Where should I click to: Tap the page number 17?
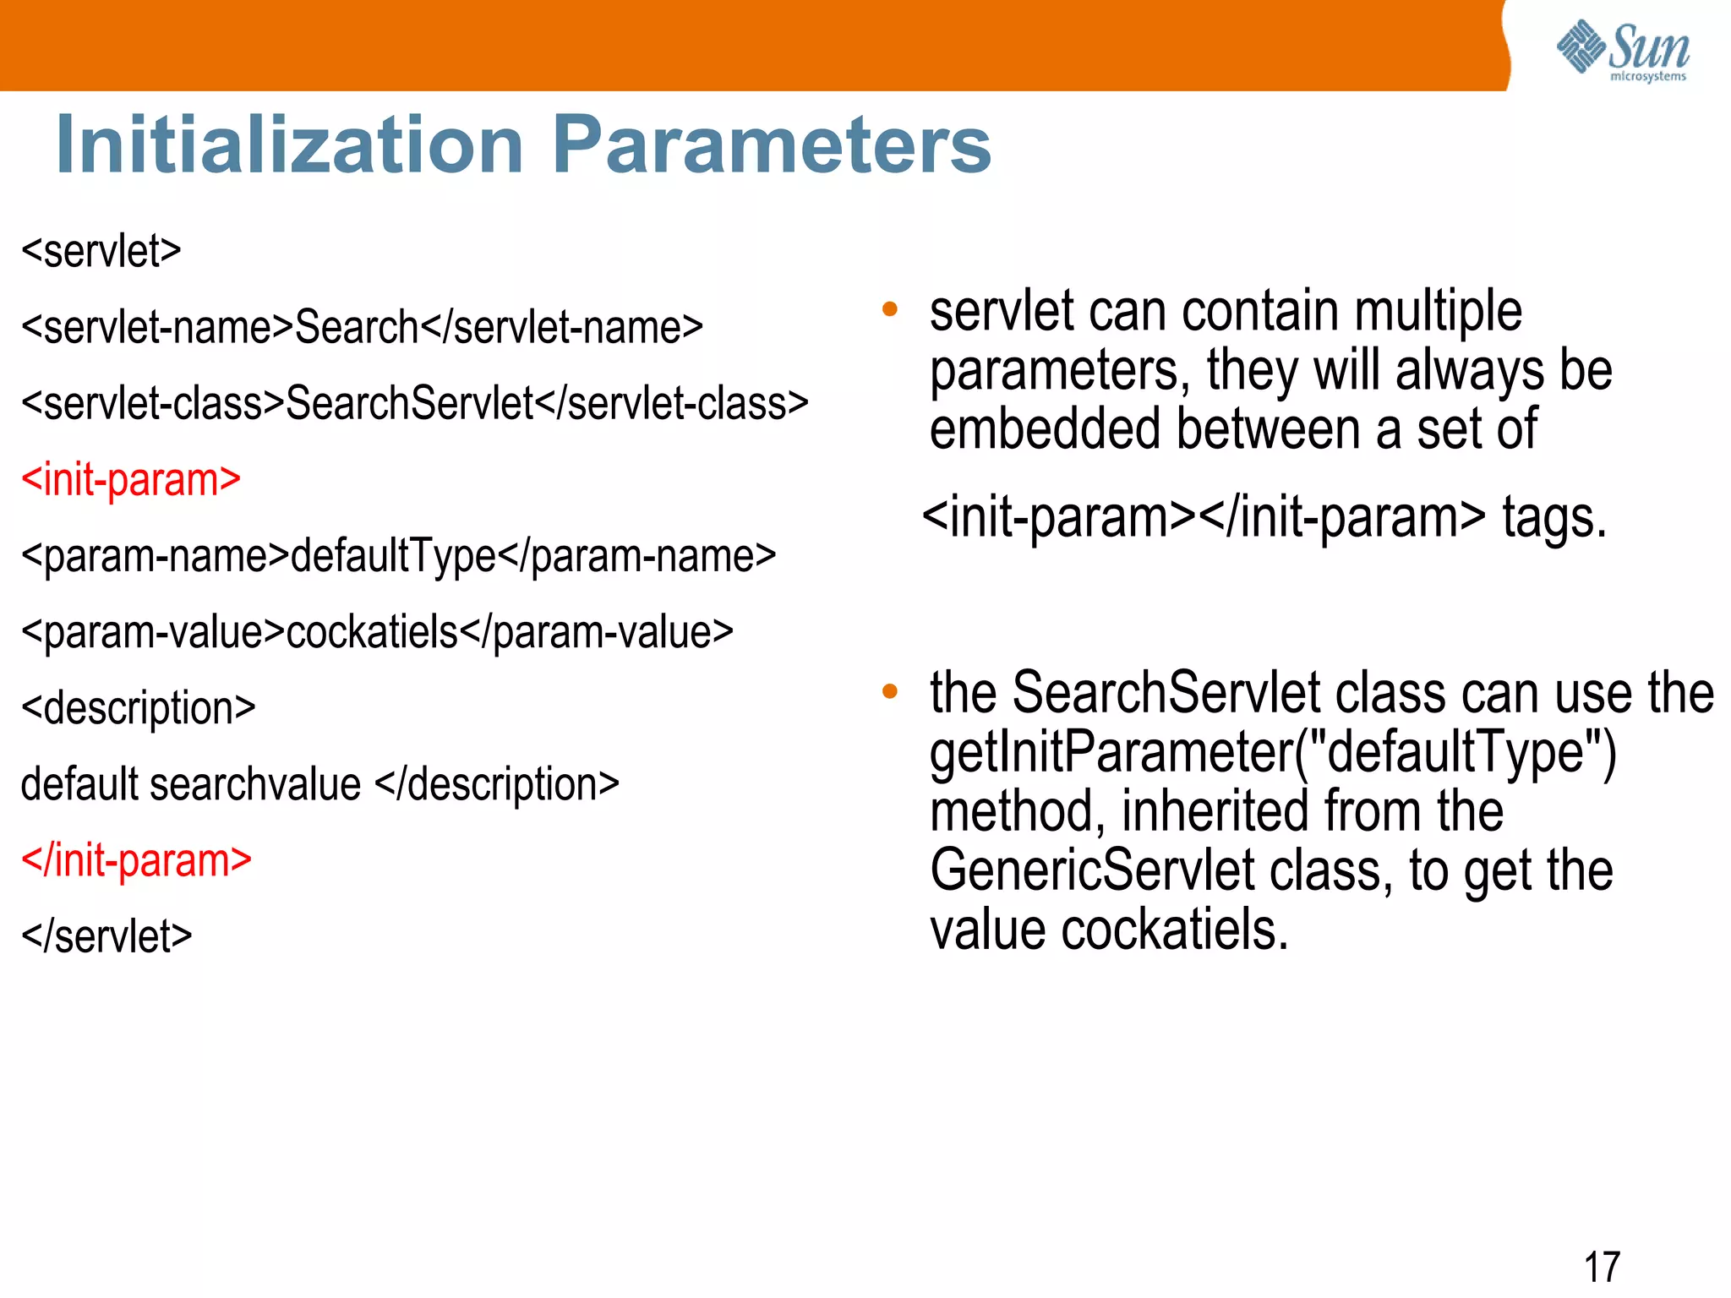click(1602, 1267)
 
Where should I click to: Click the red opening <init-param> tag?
click(131, 480)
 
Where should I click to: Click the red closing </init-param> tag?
click(136, 860)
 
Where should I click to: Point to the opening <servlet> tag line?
click(101, 252)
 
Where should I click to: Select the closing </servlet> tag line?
click(106, 936)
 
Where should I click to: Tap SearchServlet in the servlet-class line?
click(409, 404)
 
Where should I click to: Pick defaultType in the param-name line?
click(393, 556)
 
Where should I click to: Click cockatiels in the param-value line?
click(372, 632)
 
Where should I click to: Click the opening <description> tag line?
click(138, 708)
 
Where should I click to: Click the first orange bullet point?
click(889, 309)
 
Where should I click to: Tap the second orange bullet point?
click(889, 691)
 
